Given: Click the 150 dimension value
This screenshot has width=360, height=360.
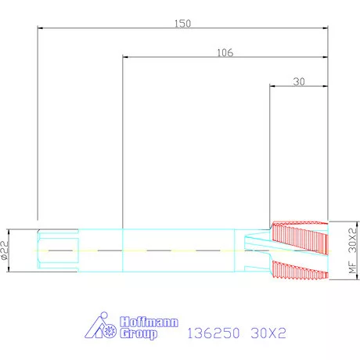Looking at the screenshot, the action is pyautogui.click(x=182, y=23).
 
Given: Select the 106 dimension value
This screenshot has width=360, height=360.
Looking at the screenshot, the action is pyautogui.click(x=225, y=52).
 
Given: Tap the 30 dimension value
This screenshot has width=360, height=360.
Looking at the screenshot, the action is pyautogui.click(x=299, y=81).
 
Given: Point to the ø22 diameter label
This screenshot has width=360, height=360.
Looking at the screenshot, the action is pyautogui.click(x=5, y=250).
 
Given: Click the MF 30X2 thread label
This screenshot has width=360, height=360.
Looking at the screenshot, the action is pyautogui.click(x=352, y=250).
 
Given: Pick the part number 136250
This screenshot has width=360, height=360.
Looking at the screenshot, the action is pyautogui.click(x=213, y=333).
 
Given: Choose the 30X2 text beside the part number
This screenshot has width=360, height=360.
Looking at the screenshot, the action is pyautogui.click(x=268, y=333).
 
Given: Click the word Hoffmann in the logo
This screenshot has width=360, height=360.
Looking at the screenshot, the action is pyautogui.click(x=149, y=322).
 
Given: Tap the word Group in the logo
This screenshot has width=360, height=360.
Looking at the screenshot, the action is pyautogui.click(x=139, y=333).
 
